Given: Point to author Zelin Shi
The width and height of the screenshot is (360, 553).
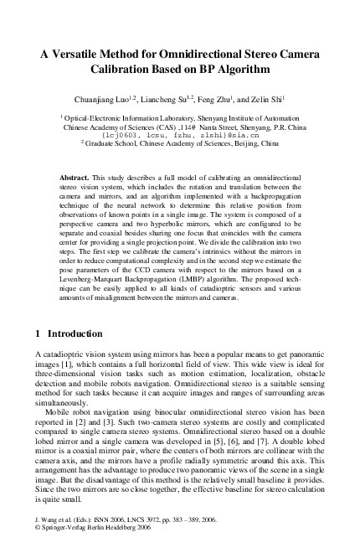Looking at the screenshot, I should click(279, 100).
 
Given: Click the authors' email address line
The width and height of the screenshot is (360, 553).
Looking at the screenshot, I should click(178, 135).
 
